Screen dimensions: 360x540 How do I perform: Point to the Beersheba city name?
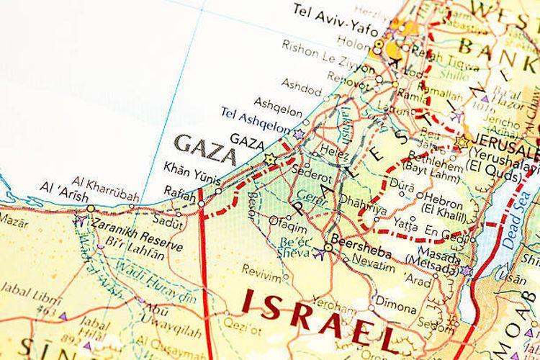point(368,245)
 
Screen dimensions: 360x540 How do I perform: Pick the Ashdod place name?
point(302,89)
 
